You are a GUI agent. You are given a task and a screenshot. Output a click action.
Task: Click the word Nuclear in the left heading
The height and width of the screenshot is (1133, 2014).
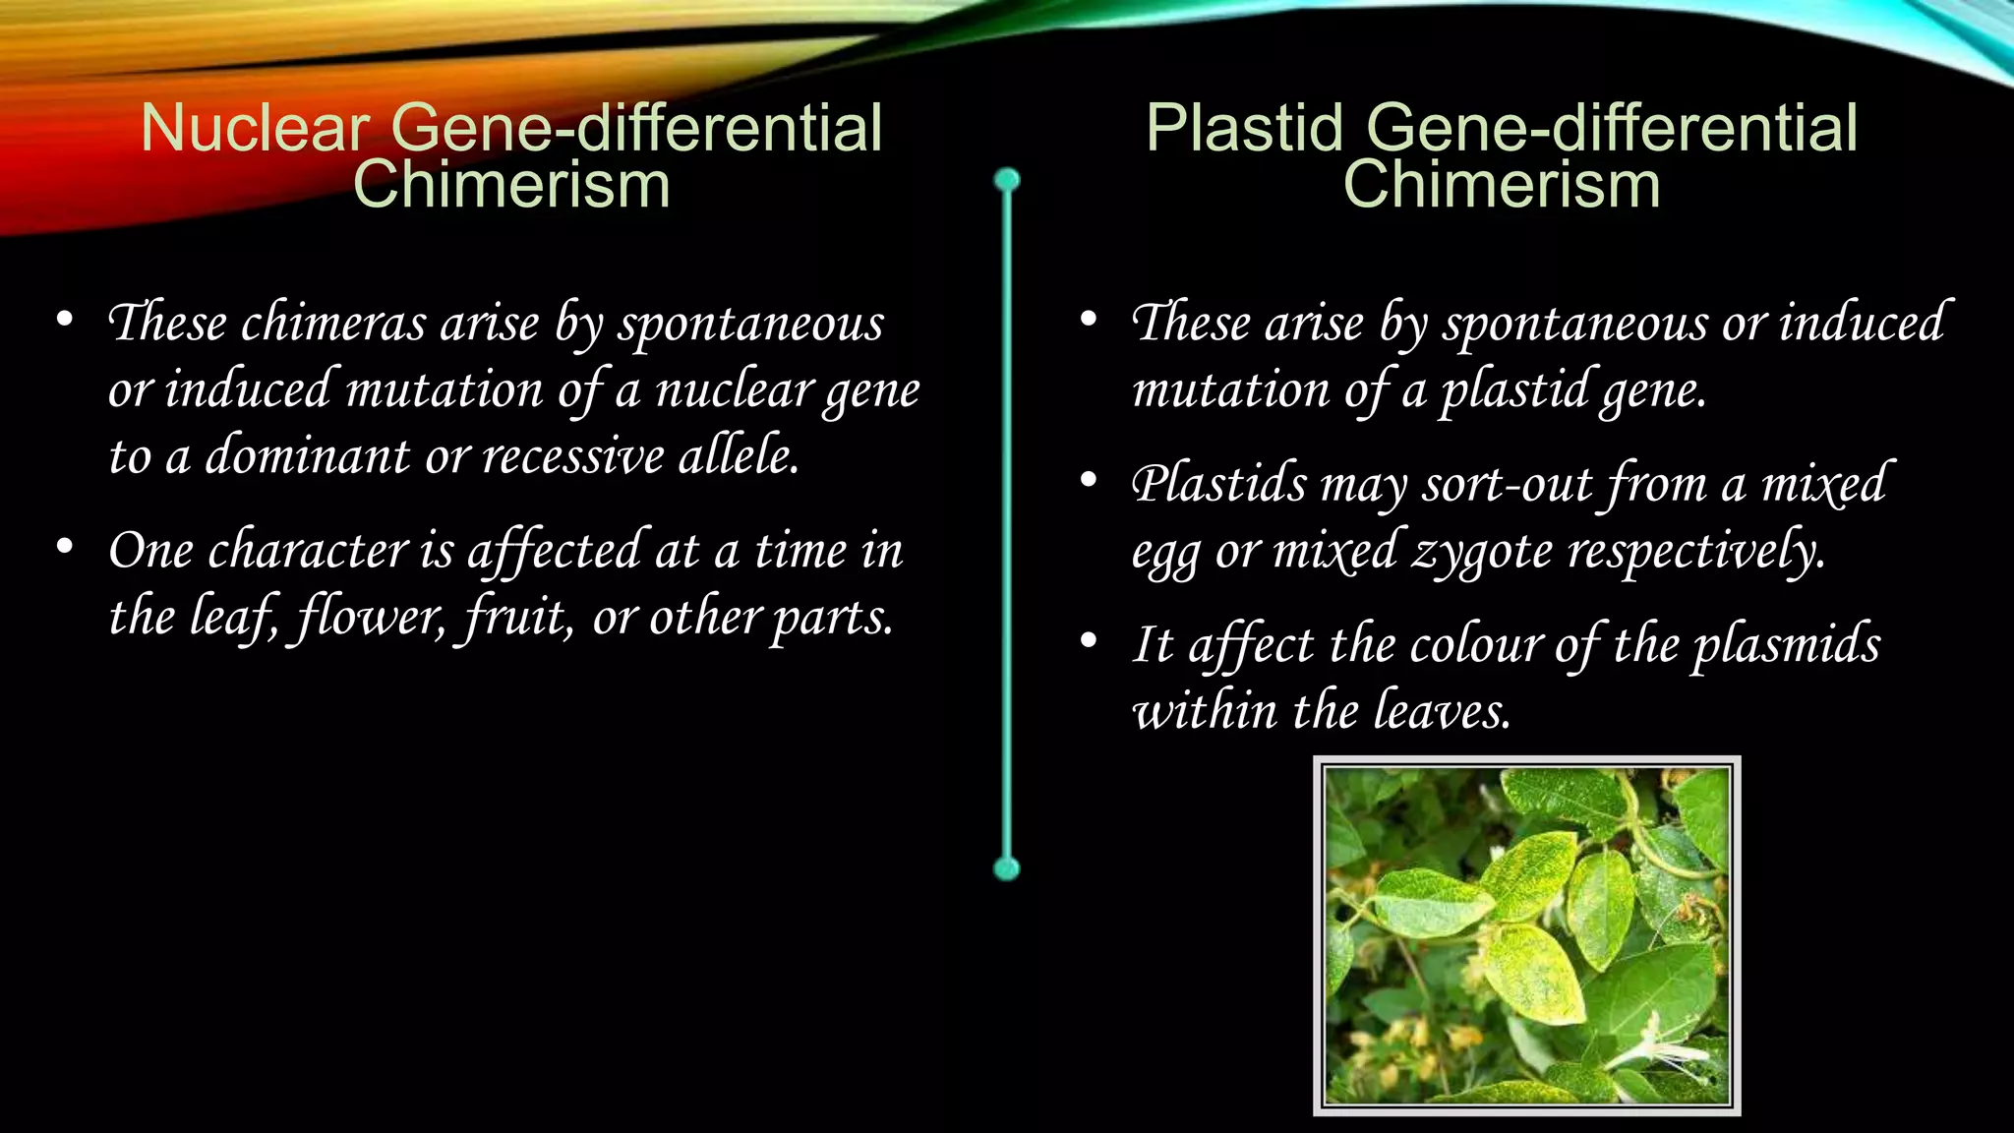pos(255,129)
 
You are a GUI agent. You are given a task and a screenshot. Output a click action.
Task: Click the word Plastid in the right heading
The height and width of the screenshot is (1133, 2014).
pos(1244,129)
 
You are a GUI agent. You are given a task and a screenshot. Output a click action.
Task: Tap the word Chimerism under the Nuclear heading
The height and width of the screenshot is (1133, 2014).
pos(511,185)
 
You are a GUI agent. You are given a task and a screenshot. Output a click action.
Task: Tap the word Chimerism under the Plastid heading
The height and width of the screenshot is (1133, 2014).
pos(1502,185)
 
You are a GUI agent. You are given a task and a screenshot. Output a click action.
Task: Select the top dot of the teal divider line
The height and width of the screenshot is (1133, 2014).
pos(1007,180)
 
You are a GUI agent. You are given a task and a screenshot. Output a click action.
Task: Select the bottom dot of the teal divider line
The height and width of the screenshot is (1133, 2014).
pos(1007,868)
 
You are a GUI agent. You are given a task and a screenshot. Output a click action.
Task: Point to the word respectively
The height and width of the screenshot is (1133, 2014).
pos(1695,551)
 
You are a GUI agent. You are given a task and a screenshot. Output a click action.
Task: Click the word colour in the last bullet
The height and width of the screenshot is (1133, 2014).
pos(1475,646)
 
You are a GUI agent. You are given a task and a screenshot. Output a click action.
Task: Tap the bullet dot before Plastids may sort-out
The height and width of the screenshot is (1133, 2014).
pos(1088,480)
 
